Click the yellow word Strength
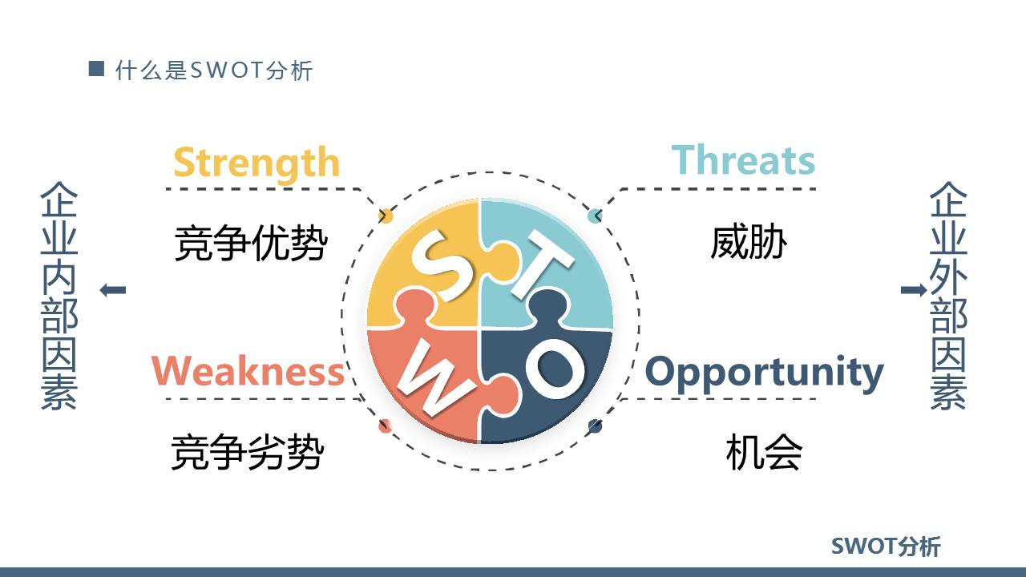click(x=256, y=163)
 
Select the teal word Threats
click(x=743, y=160)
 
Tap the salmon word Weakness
click(x=248, y=372)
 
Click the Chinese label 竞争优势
click(x=251, y=243)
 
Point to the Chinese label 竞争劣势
click(x=248, y=452)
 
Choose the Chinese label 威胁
click(x=748, y=242)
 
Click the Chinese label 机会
click(x=763, y=452)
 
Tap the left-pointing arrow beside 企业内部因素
click(x=113, y=290)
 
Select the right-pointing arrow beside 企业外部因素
click(x=913, y=290)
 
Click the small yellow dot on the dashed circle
click(x=386, y=216)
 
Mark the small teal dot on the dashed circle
click(x=595, y=216)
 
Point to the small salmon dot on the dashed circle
click(x=386, y=426)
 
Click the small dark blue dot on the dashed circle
click(x=595, y=426)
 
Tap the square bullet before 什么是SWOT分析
click(x=96, y=69)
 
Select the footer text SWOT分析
click(x=886, y=547)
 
